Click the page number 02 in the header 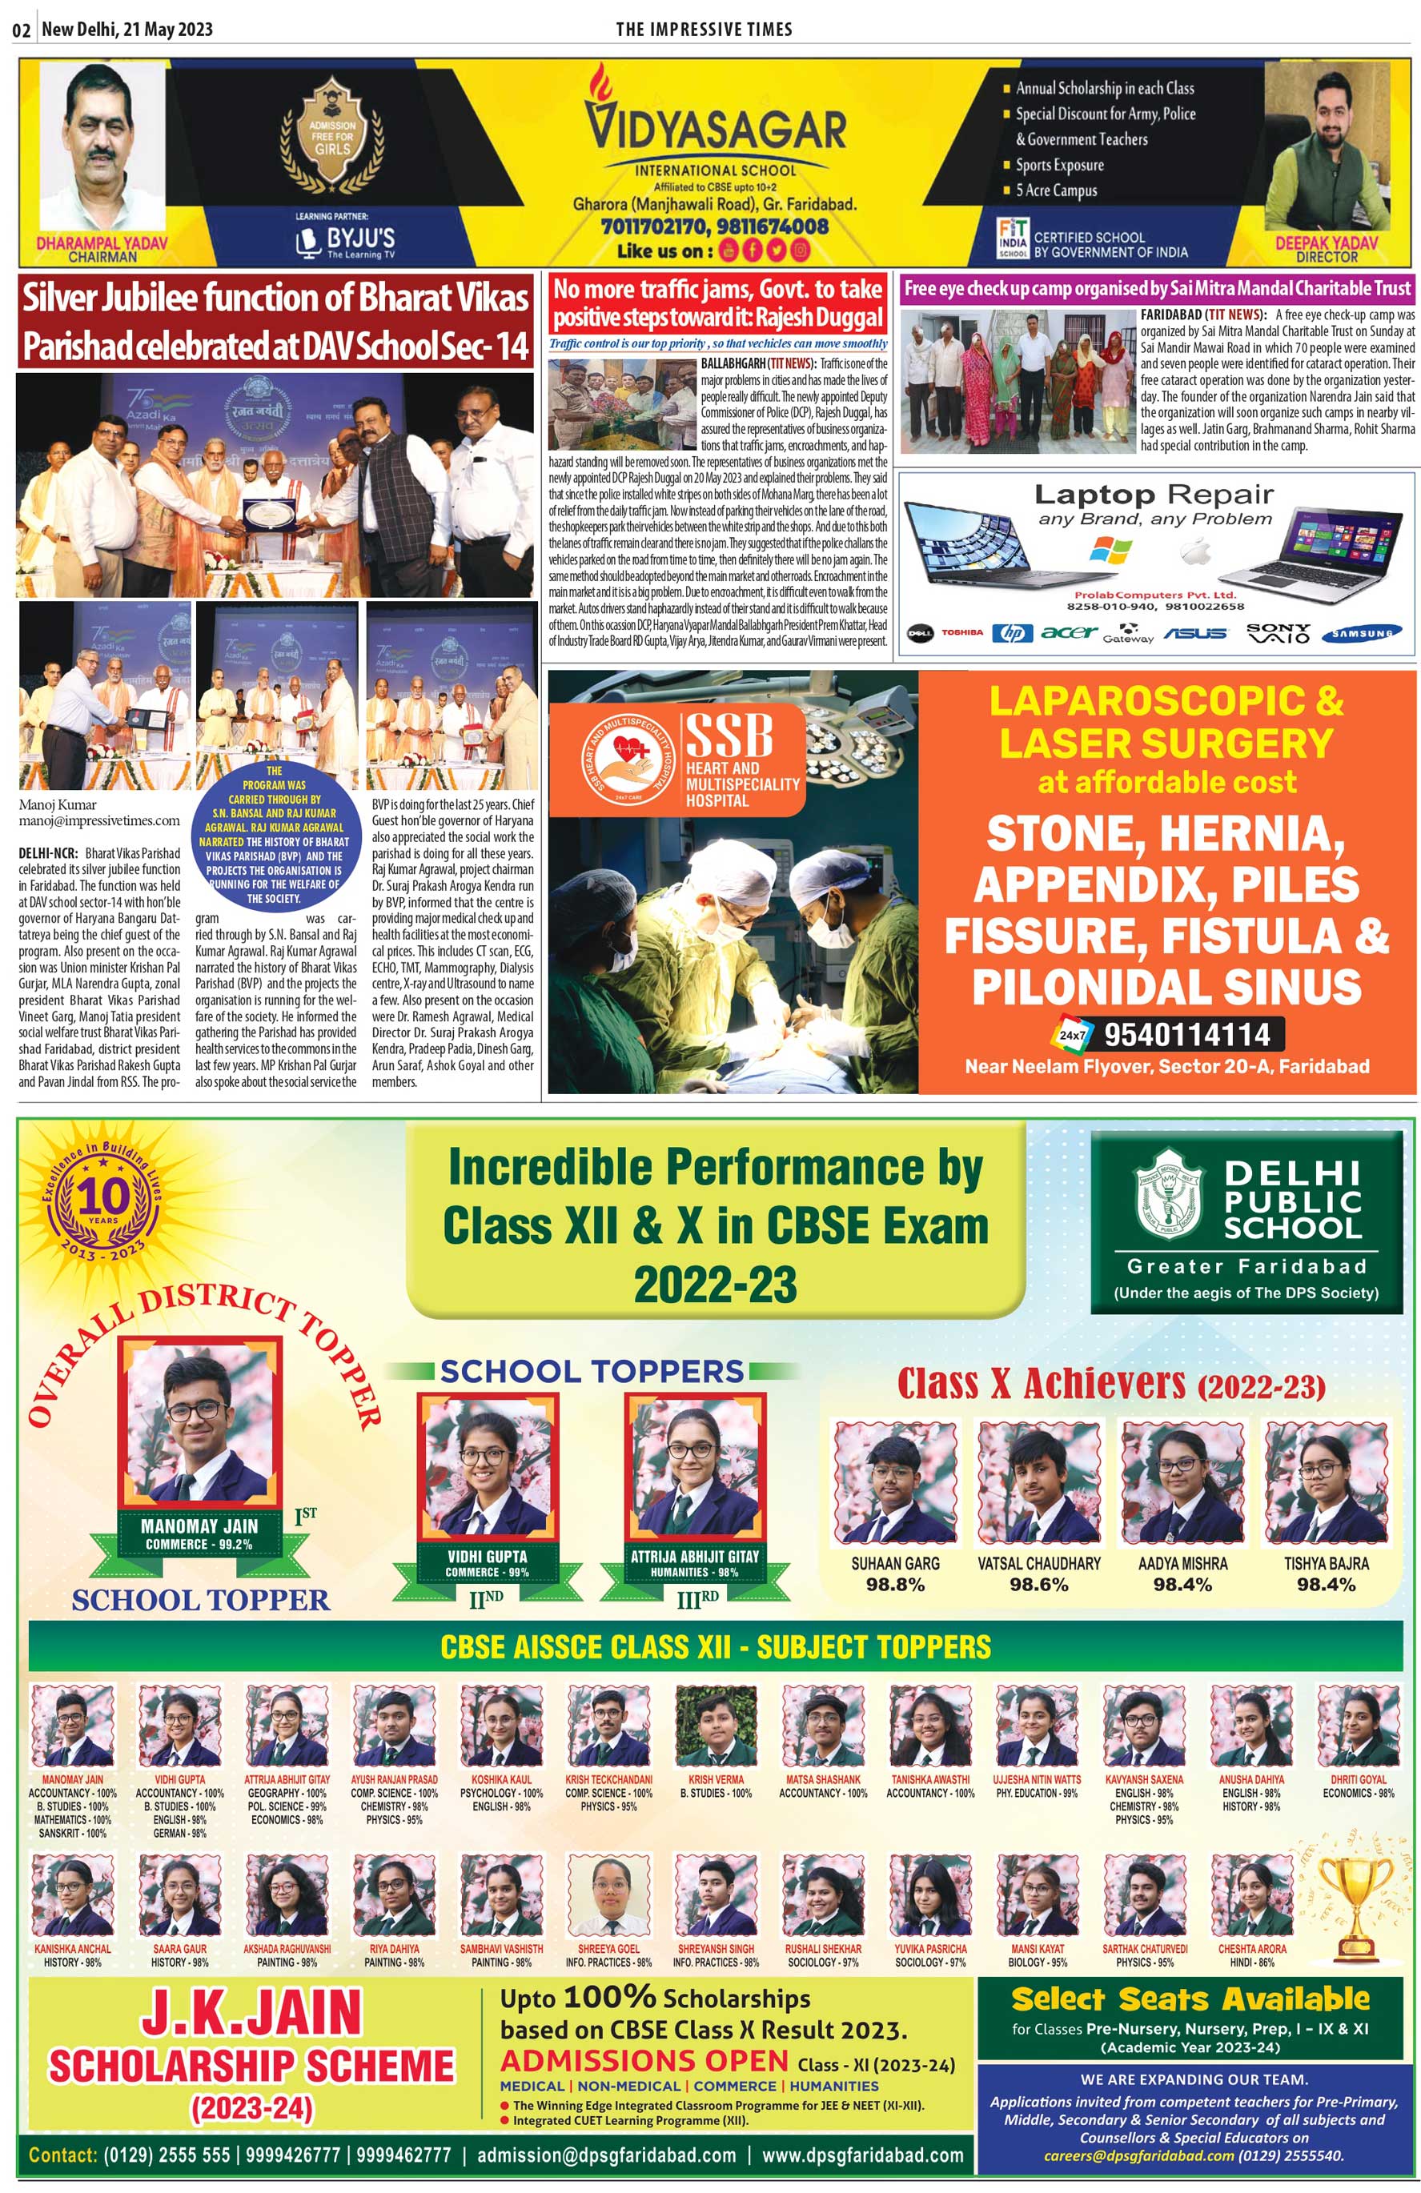pos(20,30)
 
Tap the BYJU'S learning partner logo pos(346,242)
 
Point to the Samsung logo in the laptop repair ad pos(1361,633)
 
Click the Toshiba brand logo pos(961,633)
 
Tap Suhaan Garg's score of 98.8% pos(895,1585)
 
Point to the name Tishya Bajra pos(1326,1564)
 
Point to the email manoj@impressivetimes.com pos(99,820)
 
